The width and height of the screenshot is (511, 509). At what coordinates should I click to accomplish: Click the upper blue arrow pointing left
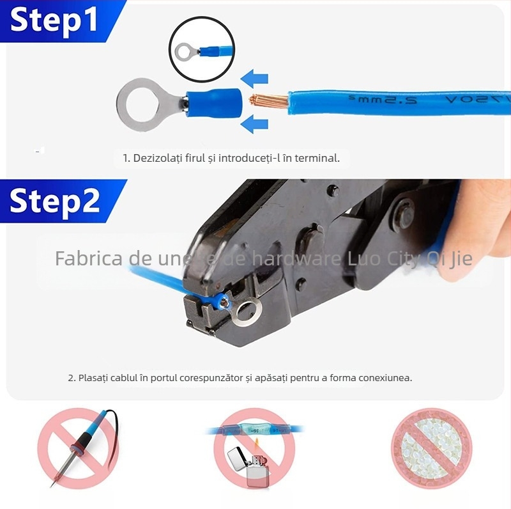pos(257,79)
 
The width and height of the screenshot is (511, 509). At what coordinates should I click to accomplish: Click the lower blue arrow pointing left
pos(257,122)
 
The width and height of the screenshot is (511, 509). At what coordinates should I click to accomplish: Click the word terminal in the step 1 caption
pos(319,158)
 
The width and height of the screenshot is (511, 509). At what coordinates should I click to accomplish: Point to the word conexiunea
pos(383,378)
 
